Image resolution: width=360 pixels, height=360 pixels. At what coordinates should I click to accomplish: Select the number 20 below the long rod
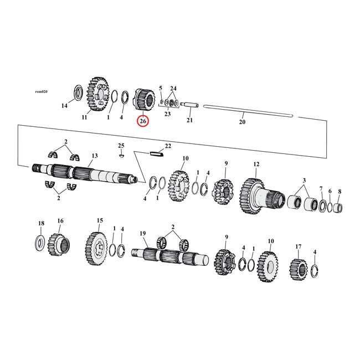coord(241,122)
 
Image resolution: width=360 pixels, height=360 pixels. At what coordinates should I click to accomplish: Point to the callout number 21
coord(189,120)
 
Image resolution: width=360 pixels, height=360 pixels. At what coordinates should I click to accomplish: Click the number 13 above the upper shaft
coord(95,156)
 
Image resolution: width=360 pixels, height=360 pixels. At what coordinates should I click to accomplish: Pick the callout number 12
coord(256,164)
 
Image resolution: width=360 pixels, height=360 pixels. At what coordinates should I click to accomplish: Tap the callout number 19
coord(143,234)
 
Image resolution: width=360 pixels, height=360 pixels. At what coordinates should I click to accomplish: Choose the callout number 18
coord(40,223)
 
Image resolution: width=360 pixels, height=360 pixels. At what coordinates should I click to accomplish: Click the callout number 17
coord(299,246)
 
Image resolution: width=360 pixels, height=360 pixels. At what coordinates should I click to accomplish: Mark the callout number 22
coord(168,146)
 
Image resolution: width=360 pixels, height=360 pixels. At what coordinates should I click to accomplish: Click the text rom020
coord(41,91)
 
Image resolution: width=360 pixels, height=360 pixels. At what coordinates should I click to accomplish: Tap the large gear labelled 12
coord(252,194)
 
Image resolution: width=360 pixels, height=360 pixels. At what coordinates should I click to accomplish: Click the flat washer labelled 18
coord(40,241)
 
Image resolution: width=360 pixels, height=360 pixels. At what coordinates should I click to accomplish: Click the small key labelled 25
coord(121,155)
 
